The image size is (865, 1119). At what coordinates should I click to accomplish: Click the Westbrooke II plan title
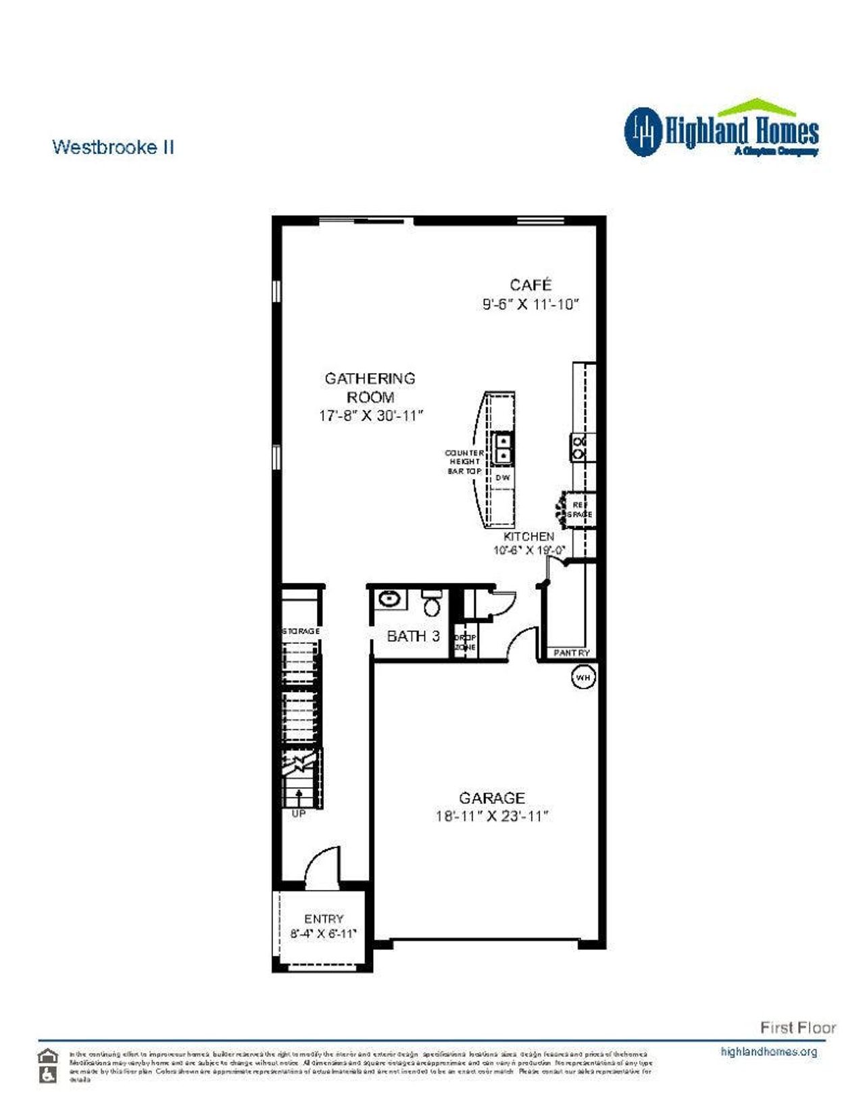pos(113,147)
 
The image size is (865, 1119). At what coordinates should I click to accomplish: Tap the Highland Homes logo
pos(721,130)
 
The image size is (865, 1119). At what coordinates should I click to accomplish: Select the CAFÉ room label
pos(530,284)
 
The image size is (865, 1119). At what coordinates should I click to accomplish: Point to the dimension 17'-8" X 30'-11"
pos(370,416)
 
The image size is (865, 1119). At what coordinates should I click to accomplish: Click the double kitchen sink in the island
pos(503,448)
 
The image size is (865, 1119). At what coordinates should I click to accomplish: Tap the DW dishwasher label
pos(502,478)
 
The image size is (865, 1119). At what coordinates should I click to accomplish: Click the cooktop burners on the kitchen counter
pos(579,447)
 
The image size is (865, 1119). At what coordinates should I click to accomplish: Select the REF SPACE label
pos(580,509)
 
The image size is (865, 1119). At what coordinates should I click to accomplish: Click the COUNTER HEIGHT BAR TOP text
pos(464,462)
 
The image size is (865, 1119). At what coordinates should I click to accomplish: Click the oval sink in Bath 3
pos(389,599)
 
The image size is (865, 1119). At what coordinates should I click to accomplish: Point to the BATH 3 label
pos(413,636)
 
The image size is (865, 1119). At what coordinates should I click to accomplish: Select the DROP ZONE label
pos(465,642)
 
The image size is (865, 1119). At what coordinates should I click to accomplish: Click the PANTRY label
pos(571,653)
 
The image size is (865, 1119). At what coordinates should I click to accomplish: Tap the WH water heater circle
pos(583,676)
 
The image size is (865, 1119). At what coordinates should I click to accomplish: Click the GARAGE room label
pos(491,798)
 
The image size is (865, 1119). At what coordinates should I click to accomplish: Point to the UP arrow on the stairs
pos(299,799)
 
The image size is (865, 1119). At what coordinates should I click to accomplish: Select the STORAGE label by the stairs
pos(301,630)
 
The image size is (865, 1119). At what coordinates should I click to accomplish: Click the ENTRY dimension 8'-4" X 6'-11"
pos(323,933)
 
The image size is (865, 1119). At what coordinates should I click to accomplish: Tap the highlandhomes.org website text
pos(768,1051)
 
